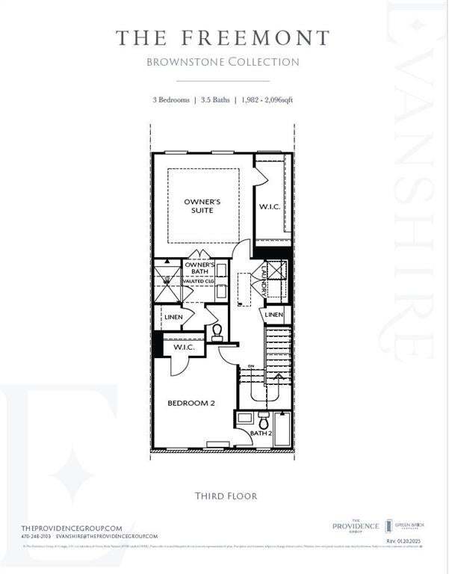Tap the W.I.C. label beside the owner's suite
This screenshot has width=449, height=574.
[270, 206]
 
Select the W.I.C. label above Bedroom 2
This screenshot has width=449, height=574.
[184, 348]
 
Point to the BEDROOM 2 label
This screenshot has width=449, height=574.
[191, 403]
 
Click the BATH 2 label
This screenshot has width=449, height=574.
[260, 433]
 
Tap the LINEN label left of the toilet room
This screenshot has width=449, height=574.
[174, 318]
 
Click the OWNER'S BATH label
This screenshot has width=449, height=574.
[199, 268]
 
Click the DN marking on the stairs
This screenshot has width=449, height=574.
[251, 366]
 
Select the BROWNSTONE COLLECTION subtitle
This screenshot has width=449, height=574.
[223, 62]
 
